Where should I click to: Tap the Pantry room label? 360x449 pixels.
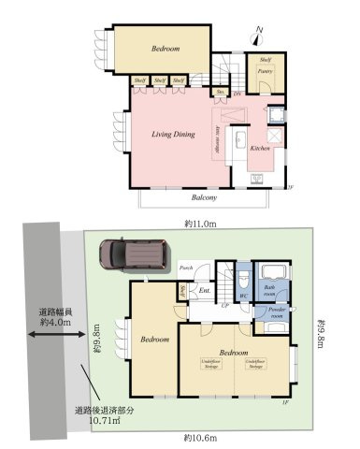coord(266,70)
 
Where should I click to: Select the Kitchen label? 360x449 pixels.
coord(261,148)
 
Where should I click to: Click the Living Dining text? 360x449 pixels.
coord(173,135)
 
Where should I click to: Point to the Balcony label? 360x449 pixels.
coord(206,198)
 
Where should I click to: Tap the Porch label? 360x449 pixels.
coord(186,269)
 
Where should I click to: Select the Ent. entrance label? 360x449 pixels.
coord(205,290)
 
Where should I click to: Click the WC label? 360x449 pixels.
coord(242,297)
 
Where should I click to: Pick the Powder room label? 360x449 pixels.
coord(277,312)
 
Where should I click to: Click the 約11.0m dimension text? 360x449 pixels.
coord(200,224)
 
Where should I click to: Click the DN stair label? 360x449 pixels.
coord(238,94)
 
